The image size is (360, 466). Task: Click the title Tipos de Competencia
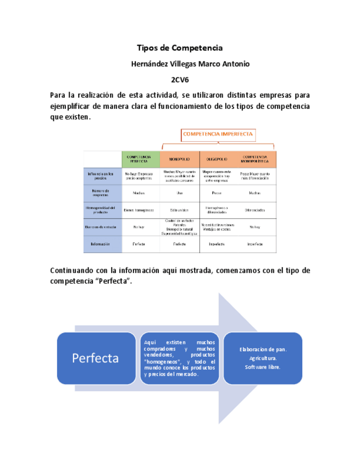point(180,48)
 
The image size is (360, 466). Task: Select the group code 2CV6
point(180,79)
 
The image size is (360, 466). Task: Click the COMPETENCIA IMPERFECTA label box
point(218,134)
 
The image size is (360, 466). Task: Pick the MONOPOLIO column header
point(179,159)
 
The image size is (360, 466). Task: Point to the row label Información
point(102,243)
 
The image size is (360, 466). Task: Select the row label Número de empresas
point(102,192)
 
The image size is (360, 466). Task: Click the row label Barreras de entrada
point(102,226)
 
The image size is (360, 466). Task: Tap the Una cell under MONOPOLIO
point(179,193)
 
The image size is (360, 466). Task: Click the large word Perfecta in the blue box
point(95,358)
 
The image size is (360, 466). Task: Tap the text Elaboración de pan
point(263,349)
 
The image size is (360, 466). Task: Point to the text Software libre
point(263,367)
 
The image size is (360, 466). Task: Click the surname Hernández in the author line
point(150,64)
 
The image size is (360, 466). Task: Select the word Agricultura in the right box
point(263,358)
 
